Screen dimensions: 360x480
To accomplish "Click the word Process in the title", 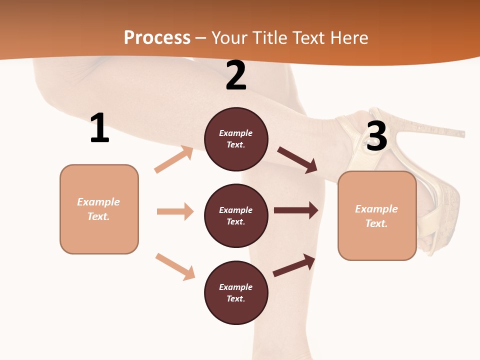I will [x=157, y=38].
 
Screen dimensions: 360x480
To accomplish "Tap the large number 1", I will [x=99, y=128].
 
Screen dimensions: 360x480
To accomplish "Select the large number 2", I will [x=236, y=76].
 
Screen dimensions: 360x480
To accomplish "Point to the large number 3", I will [x=376, y=136].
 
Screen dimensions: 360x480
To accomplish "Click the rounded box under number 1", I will [x=99, y=209].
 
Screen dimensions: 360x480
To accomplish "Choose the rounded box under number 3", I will [x=377, y=216].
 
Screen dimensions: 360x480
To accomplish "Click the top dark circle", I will [x=236, y=139].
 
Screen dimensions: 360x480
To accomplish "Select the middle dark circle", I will [x=236, y=215].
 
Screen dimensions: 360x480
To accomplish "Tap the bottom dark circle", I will [x=236, y=292].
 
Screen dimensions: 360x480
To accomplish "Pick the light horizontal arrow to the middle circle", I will [x=175, y=211].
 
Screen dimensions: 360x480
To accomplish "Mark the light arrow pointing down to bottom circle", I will [x=175, y=266].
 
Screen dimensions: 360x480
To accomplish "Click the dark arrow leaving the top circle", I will [x=297, y=159].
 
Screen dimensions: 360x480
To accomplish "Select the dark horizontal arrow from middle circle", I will [x=296, y=210].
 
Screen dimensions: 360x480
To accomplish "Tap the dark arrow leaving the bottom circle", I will [x=294, y=265].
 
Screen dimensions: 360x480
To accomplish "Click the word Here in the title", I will [x=348, y=38].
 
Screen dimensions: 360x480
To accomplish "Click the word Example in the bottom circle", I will [x=236, y=287].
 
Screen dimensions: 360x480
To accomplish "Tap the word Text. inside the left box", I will [x=98, y=216].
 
